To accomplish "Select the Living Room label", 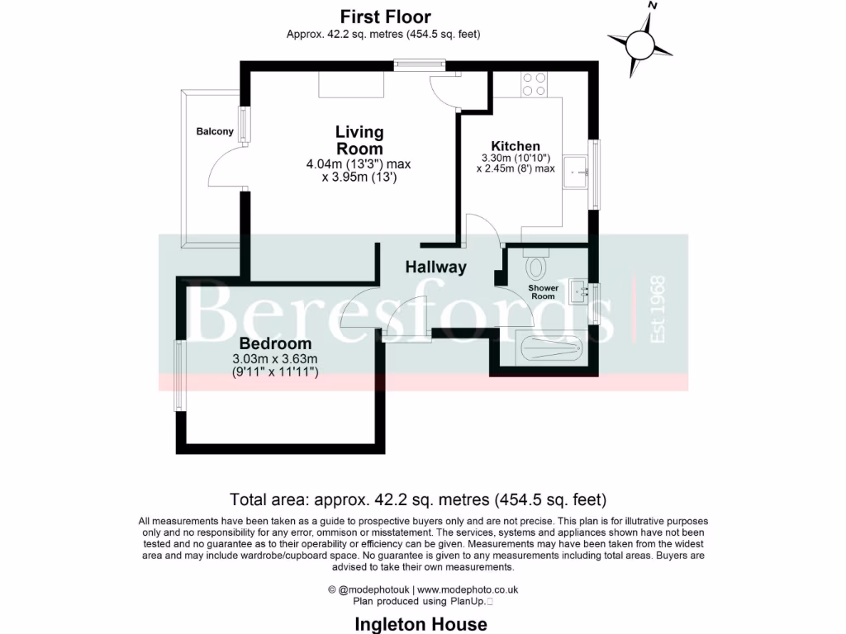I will [359, 140].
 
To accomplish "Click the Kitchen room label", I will [516, 146].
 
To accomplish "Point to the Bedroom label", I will [275, 343].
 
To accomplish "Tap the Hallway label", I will [435, 267].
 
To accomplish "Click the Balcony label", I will [214, 132].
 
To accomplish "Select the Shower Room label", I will [543, 292].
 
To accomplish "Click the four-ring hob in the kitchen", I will [535, 83].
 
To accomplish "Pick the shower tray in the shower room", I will [549, 345].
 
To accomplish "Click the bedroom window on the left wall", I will [179, 376].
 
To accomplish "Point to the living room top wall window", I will [420, 65].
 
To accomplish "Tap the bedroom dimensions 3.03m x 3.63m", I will [275, 359].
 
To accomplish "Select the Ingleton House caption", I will [421, 624].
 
